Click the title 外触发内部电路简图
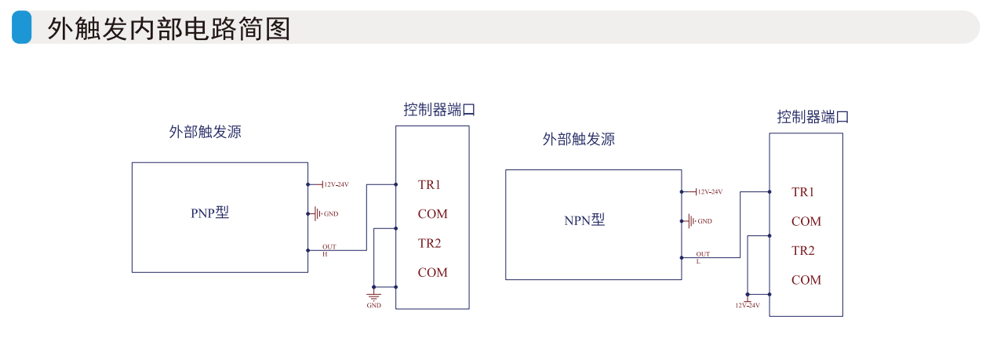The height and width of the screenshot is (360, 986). [x=169, y=28]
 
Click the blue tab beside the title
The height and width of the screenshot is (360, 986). [x=22, y=27]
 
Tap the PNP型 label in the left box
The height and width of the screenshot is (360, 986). [x=210, y=213]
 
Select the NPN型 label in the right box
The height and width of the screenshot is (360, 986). [x=584, y=220]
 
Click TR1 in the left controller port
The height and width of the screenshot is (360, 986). [x=429, y=185]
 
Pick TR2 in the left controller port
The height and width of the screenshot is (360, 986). [x=429, y=243]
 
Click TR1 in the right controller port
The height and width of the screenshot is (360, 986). [x=802, y=192]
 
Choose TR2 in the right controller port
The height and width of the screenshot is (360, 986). [x=802, y=251]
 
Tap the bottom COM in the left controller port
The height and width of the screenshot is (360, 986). [x=432, y=273]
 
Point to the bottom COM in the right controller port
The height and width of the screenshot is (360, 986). [x=806, y=280]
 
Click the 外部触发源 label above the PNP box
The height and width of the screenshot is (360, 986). [x=205, y=132]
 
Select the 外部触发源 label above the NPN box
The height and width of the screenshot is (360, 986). [x=578, y=140]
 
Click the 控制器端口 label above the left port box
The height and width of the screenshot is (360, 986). [x=439, y=110]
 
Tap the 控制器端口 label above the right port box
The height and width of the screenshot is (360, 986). [x=813, y=118]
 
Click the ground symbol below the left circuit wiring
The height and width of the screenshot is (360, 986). [x=374, y=296]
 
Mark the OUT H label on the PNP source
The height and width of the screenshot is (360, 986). [x=329, y=250]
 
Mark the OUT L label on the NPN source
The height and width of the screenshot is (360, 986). [x=702, y=257]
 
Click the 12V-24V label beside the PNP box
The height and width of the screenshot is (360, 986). [x=336, y=185]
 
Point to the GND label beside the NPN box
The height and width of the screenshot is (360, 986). [x=704, y=221]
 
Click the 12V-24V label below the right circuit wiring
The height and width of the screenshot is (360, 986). [x=748, y=304]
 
